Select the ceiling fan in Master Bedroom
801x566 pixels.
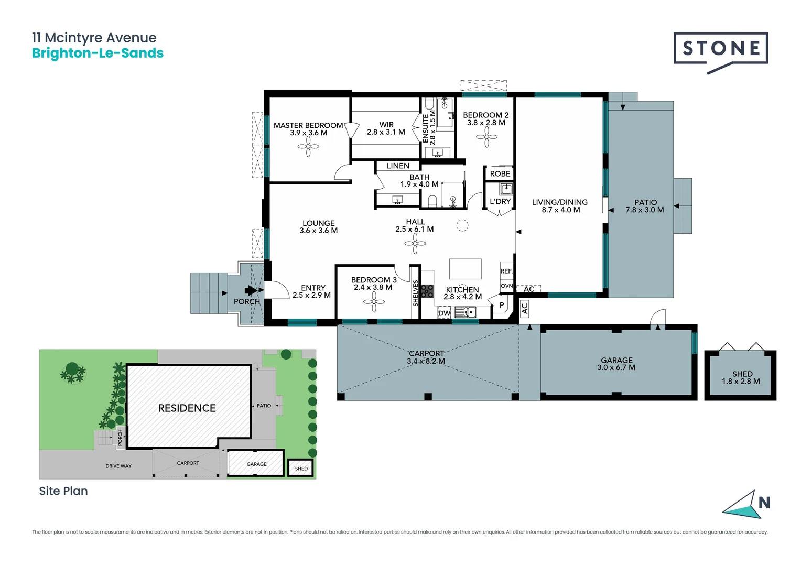[308, 147]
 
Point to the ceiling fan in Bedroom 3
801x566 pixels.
[374, 302]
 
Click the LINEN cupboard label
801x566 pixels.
[398, 166]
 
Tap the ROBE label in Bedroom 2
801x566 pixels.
[500, 174]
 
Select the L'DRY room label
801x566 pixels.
[500, 202]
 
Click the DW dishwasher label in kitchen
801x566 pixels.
[444, 313]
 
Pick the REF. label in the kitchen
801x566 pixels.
[506, 271]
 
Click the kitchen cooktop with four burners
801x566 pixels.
[427, 291]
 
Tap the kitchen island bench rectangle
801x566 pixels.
[465, 269]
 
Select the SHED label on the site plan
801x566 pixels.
[301, 469]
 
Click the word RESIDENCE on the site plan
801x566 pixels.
[187, 408]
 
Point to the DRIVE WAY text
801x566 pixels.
[118, 466]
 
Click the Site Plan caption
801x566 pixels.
[63, 491]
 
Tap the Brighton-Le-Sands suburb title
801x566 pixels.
[98, 53]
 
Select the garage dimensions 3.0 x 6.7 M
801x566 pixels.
[616, 368]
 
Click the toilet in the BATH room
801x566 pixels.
[432, 201]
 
